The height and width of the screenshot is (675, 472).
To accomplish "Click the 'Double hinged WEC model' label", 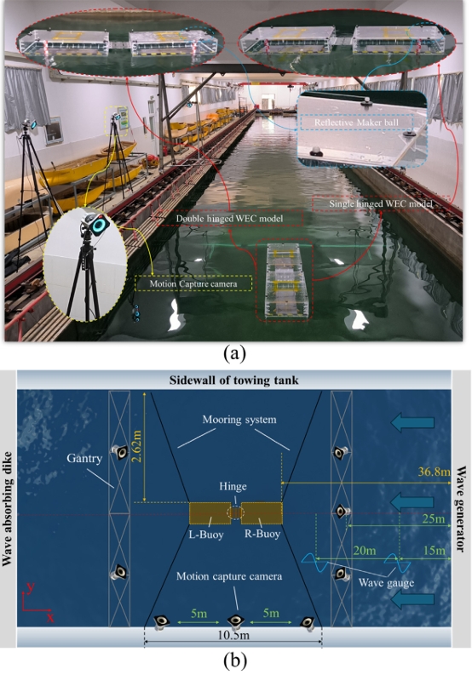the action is click(229, 219).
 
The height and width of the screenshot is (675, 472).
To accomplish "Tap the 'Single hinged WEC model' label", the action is click(381, 203).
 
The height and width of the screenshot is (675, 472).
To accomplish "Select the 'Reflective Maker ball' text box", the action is click(356, 123).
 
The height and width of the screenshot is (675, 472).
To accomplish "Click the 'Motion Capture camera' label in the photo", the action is click(193, 283).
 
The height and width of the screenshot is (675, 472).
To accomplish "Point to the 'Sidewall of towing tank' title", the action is click(233, 380).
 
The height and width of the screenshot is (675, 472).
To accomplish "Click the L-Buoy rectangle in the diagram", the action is click(210, 513).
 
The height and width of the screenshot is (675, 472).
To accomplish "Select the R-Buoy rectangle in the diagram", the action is click(262, 513).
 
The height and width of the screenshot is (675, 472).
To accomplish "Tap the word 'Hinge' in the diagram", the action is click(233, 486).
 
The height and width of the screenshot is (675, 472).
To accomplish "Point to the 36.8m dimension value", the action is click(434, 472).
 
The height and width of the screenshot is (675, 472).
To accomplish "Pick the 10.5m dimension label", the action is click(233, 635).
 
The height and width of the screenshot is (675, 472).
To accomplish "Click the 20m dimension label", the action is click(365, 550).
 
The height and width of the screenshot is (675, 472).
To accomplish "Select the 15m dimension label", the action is click(434, 551).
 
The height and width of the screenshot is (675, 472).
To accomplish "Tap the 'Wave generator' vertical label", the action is click(461, 509).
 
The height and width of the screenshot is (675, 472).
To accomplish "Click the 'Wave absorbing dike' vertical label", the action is click(8, 509).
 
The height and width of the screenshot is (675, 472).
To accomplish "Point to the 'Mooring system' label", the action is click(239, 420).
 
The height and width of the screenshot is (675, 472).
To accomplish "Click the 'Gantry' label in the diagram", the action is click(84, 458).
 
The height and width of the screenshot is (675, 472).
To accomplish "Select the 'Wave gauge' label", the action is click(386, 583).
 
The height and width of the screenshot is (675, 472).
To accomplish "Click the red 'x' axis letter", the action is click(50, 618).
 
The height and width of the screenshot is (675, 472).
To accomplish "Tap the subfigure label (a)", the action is click(235, 354).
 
